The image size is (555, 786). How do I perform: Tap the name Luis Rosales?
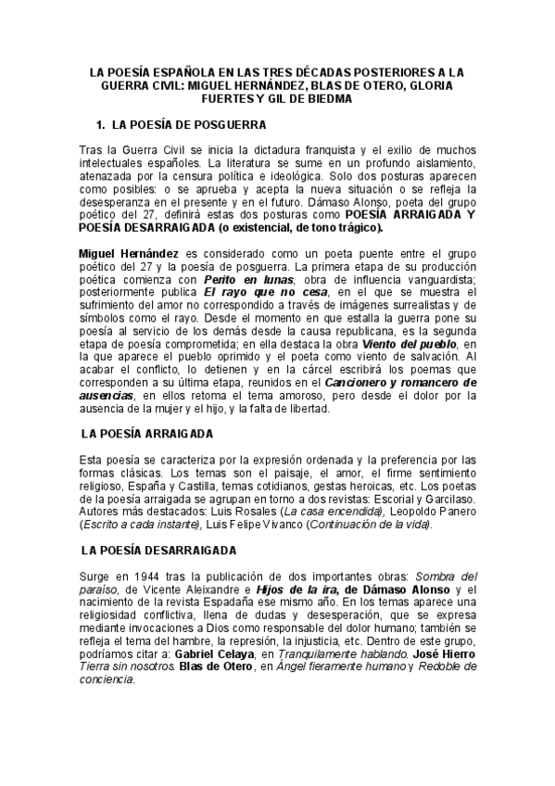click(x=247, y=511)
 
